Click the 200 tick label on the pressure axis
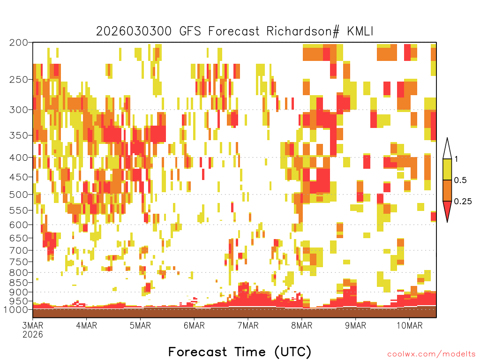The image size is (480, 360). coord(18,42)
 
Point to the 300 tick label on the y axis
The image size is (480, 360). coord(18,110)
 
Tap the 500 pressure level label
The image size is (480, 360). coord(18,195)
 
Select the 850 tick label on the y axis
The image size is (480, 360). coord(18,282)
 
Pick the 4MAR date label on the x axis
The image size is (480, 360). coord(87,325)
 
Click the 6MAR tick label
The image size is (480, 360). coord(194,325)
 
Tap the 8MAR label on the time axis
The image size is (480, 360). coord(301,325)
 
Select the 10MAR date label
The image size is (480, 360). coord(409,325)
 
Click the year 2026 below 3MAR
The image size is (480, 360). coord(33,334)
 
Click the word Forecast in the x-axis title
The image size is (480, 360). coord(197,352)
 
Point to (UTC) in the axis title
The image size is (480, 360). coord(292,352)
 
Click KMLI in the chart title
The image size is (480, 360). coord(360,31)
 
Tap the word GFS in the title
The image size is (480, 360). coord(190,31)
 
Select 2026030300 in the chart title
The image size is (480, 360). coord(134,31)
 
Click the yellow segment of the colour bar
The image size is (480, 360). coord(447,169)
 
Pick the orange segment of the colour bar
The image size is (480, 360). coord(447,190)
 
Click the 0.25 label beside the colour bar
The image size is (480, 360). coord(463,202)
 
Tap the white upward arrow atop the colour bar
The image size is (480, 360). coord(447,149)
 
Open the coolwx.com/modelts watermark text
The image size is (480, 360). coord(431,354)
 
